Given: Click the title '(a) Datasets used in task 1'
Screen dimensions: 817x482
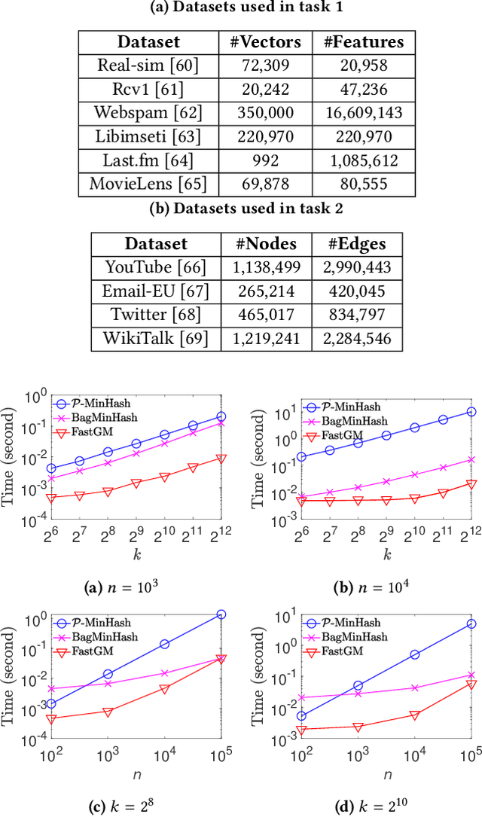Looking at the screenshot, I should (240, 10).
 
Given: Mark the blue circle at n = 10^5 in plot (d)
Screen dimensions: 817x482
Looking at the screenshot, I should (471, 623).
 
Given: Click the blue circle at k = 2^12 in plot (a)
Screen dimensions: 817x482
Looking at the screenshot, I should (221, 416).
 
